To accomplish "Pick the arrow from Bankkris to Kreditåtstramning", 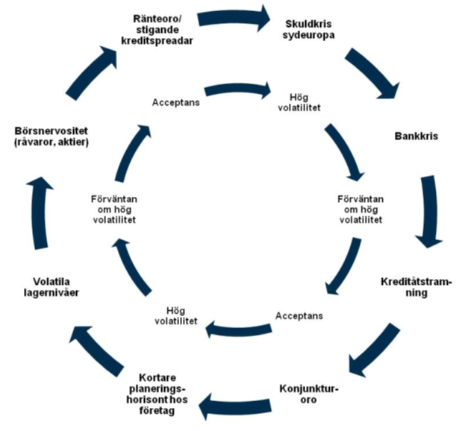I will pos(432,211).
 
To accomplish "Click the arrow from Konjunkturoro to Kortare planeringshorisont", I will pos(237,407).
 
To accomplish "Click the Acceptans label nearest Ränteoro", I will pos(175,102).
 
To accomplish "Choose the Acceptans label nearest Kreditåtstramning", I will pos(299,316).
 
